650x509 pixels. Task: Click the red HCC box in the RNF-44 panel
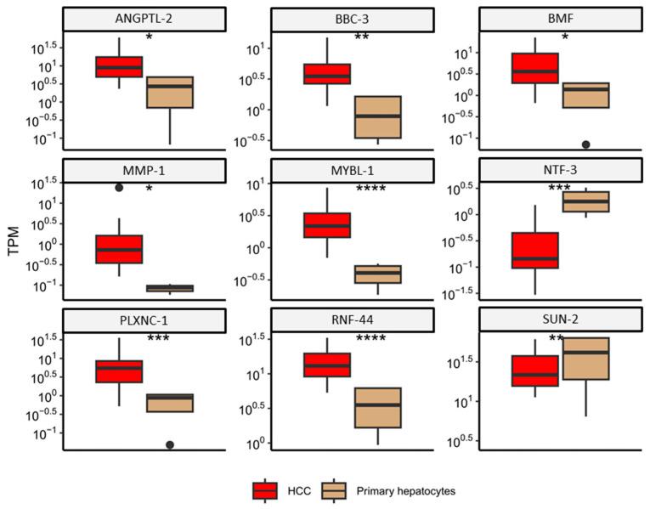(x=327, y=365)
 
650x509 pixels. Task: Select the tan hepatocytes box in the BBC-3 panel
(x=377, y=117)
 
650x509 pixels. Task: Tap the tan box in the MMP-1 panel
(x=170, y=288)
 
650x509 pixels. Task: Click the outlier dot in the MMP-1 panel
(x=119, y=188)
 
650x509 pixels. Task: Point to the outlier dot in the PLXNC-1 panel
(x=170, y=444)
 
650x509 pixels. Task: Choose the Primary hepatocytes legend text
(x=406, y=490)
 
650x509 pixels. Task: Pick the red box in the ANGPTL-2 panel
(x=119, y=66)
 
